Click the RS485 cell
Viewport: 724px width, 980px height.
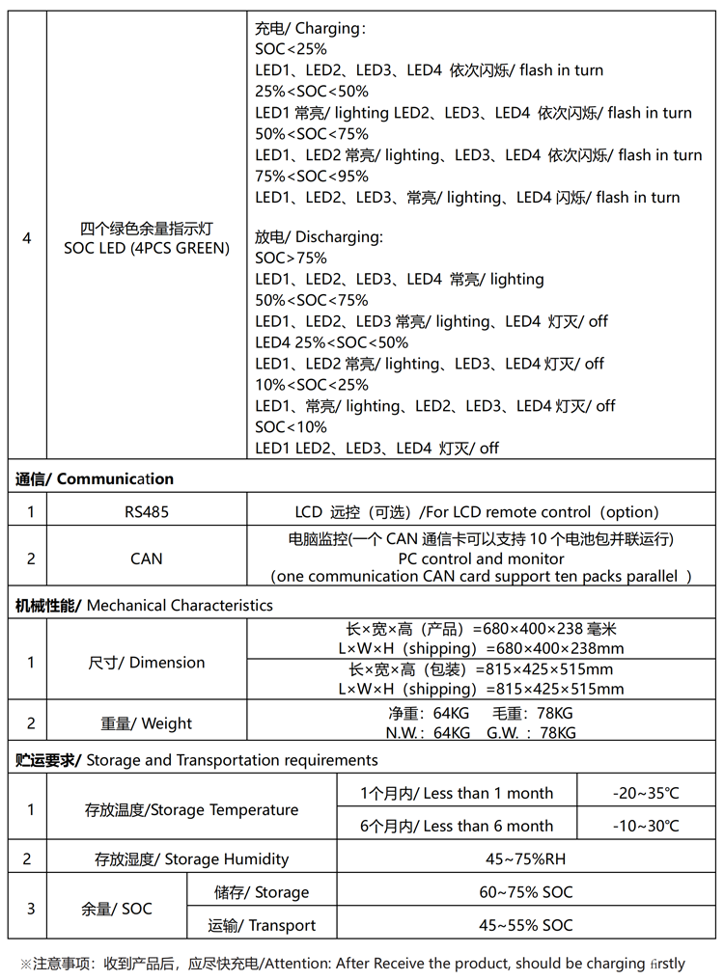(x=146, y=511)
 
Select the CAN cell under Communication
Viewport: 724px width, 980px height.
(x=146, y=558)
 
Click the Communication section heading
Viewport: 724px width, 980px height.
(x=95, y=478)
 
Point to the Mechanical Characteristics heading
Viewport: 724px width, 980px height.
(x=144, y=606)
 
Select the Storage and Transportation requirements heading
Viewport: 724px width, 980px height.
(x=196, y=760)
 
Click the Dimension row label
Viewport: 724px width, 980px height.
(x=146, y=663)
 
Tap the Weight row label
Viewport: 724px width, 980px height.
(x=146, y=723)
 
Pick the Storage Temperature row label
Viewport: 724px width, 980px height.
(x=191, y=809)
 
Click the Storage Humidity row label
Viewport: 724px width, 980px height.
(x=191, y=858)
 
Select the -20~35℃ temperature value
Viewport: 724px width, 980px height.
(x=645, y=793)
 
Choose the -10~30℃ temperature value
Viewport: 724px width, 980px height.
(x=645, y=826)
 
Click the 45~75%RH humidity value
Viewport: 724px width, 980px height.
(x=525, y=858)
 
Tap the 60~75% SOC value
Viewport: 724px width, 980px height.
(x=525, y=892)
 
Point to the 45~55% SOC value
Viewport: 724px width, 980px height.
(x=525, y=925)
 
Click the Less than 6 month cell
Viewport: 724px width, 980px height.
(x=457, y=826)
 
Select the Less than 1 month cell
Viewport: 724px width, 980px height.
(x=457, y=793)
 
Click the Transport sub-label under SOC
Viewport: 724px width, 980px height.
(x=262, y=925)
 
